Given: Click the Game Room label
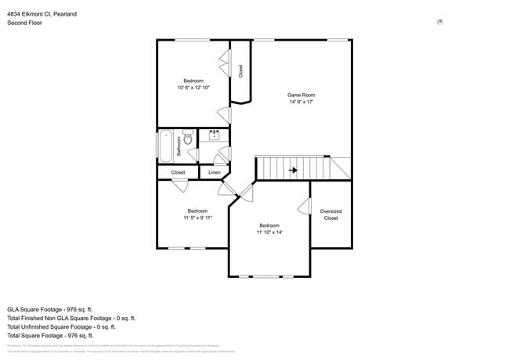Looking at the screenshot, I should tap(301, 95).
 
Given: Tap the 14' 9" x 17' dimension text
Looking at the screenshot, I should tap(301, 102).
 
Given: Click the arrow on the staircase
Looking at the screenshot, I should tap(292, 169).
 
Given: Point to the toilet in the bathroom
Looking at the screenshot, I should tap(188, 139).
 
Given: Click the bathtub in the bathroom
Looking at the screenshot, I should tap(166, 146).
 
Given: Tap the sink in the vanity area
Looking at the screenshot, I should tap(214, 135).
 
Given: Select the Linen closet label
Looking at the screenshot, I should tap(214, 172).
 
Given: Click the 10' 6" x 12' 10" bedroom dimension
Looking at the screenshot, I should tap(193, 88).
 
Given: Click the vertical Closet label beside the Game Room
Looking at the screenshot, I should tap(240, 71).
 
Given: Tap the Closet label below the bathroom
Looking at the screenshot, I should tap(178, 172).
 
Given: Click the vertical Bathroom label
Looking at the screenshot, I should tap(179, 146).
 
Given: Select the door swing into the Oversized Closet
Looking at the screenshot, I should tap(303, 206).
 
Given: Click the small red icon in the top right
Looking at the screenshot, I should tap(439, 22).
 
